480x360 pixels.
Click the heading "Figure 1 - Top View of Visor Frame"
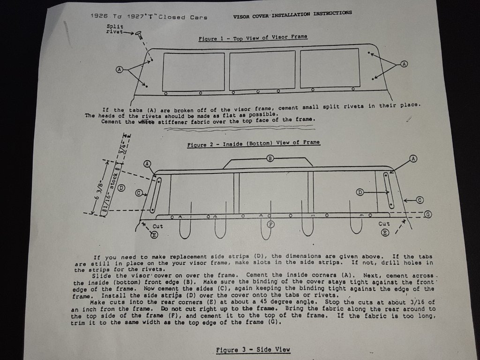click(253, 38)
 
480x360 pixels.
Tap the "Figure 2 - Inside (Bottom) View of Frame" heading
click(254, 143)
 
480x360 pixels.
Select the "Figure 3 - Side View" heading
click(253, 350)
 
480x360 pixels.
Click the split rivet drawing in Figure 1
click(138, 35)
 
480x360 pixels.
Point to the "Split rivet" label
click(115, 29)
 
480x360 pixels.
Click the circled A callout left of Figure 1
click(120, 69)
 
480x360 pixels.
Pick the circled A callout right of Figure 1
click(405, 64)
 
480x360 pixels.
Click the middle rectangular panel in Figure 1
click(262, 70)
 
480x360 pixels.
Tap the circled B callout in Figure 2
click(270, 158)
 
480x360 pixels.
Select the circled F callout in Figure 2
click(270, 225)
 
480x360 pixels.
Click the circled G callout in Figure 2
click(428, 214)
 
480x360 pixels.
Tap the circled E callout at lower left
click(154, 235)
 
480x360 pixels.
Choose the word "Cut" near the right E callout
click(384, 224)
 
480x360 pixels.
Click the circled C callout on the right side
click(420, 200)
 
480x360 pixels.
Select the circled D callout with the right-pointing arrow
click(360, 192)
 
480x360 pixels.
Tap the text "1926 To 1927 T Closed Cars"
click(149, 16)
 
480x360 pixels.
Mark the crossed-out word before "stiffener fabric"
click(146, 121)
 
